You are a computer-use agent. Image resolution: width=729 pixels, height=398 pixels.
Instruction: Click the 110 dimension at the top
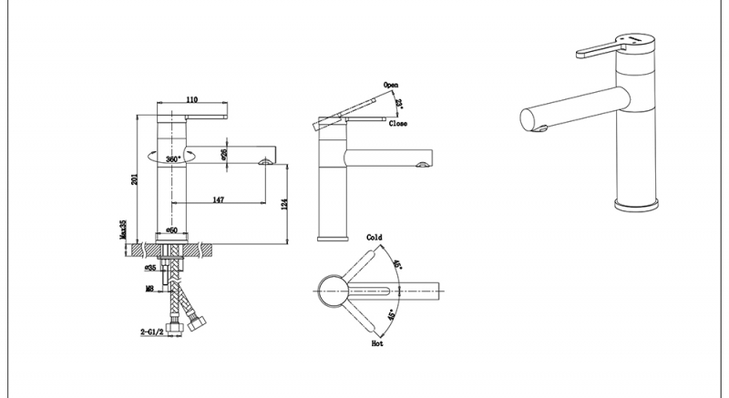(x=192, y=99)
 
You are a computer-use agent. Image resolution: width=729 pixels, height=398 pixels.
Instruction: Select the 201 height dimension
(x=134, y=179)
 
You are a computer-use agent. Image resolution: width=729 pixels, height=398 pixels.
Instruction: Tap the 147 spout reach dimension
(x=219, y=199)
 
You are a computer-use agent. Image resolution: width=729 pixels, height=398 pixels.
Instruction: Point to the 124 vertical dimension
(x=284, y=204)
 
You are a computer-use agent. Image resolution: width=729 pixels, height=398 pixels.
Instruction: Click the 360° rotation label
(x=173, y=159)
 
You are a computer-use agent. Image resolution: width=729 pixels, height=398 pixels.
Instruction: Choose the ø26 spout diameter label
(x=223, y=155)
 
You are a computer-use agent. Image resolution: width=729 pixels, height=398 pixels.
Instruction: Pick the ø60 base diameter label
(x=172, y=230)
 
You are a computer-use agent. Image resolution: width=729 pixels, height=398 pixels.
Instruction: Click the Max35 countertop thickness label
(x=123, y=230)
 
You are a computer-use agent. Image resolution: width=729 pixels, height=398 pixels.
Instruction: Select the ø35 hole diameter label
(x=150, y=268)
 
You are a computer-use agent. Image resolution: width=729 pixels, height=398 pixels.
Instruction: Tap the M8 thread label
(x=149, y=289)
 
